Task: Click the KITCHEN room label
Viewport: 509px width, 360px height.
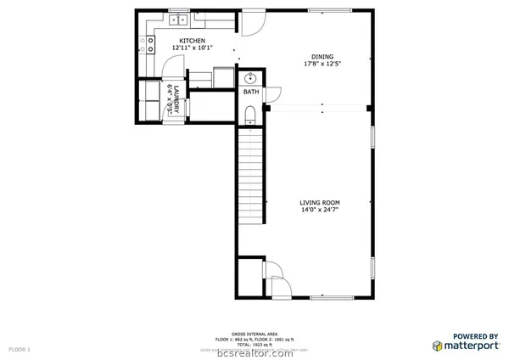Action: [192, 41]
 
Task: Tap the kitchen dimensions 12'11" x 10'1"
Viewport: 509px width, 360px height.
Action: [192, 48]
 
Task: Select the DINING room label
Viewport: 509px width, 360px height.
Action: [322, 56]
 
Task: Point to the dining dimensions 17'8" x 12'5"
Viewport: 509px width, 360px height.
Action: [322, 64]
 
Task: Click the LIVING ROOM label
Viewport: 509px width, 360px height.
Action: [320, 202]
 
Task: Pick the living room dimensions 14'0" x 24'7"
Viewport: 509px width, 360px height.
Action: [320, 210]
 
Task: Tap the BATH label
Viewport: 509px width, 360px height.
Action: [251, 92]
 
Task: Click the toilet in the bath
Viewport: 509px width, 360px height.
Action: [250, 113]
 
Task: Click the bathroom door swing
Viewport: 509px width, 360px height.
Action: [273, 96]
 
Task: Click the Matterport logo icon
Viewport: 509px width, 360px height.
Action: [437, 346]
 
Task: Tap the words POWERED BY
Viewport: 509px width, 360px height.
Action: [475, 335]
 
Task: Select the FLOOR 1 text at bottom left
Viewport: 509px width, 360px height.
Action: [19, 349]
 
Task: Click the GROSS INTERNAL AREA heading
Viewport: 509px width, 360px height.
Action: [254, 334]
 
